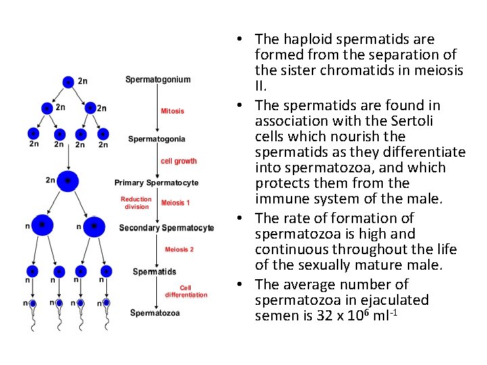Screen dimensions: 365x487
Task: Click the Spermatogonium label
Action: tap(158, 80)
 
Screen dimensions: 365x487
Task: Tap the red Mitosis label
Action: tap(172, 111)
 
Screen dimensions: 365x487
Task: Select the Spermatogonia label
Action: tap(156, 139)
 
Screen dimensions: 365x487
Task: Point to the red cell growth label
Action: tap(179, 161)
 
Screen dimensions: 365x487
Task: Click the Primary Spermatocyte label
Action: tap(156, 182)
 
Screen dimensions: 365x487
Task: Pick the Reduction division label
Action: tap(136, 203)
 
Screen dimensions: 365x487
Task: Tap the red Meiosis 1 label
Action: tap(176, 203)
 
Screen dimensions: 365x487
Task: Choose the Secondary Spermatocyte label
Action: tap(166, 228)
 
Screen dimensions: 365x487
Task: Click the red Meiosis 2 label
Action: tap(179, 249)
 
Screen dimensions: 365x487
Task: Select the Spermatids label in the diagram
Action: tap(154, 272)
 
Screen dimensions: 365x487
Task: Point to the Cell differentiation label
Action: tap(185, 291)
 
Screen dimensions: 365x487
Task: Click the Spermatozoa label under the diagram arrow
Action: tap(155, 313)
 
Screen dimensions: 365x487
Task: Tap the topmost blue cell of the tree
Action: tap(68, 82)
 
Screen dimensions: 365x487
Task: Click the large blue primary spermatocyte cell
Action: tap(68, 180)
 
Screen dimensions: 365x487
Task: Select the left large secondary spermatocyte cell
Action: tap(42, 225)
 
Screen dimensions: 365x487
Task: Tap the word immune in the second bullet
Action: tap(277, 199)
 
